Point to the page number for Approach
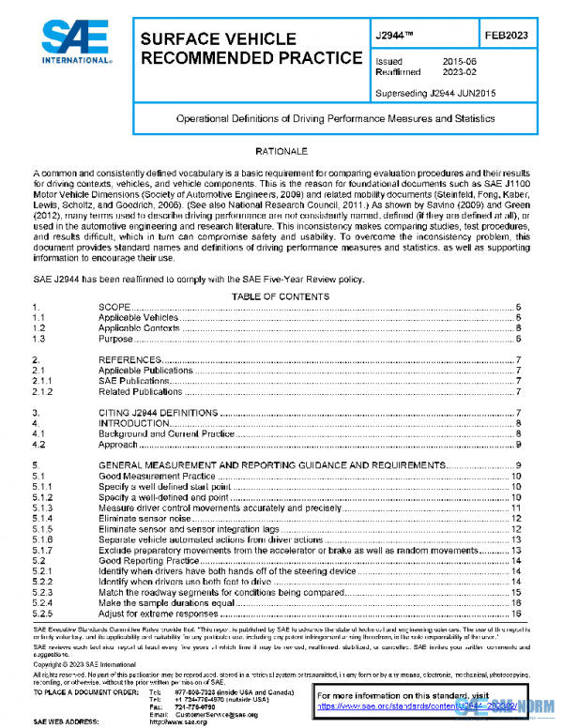(x=517, y=445)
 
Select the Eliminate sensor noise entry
(x=145, y=518)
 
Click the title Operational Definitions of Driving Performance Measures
(x=336, y=120)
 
